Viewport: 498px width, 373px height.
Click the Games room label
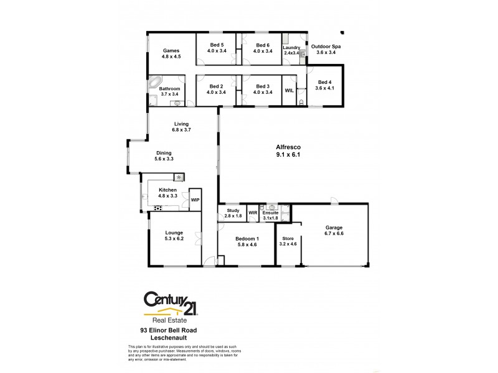[x=171, y=50]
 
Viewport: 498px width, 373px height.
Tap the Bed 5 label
[x=217, y=45]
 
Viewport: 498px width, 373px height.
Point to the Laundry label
[x=291, y=47]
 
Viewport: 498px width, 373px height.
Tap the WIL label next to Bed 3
[x=289, y=90]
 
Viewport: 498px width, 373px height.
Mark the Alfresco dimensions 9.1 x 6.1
[x=288, y=155]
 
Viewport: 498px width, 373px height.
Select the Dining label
[x=164, y=152]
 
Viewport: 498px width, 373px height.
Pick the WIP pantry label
[x=195, y=200]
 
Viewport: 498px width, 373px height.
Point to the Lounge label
[x=174, y=233]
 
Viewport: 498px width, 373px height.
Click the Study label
[x=233, y=211]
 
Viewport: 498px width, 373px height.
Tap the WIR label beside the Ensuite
[x=253, y=213]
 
